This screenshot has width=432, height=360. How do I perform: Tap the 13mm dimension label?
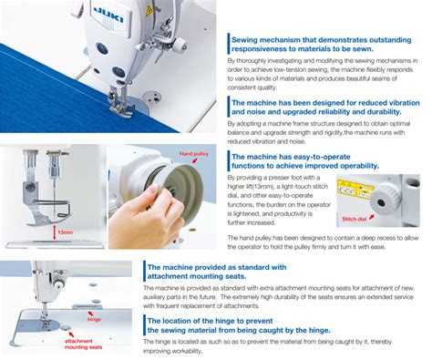click(x=66, y=232)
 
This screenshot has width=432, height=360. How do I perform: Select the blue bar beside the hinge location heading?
click(x=144, y=324)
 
